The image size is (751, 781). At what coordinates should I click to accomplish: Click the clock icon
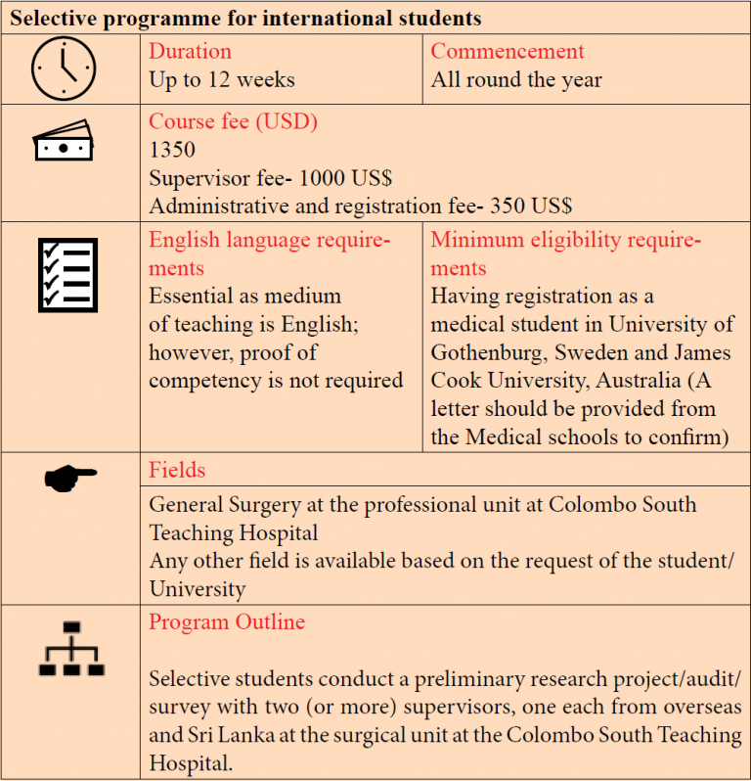(x=64, y=69)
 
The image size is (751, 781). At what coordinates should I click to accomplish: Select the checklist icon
(x=67, y=274)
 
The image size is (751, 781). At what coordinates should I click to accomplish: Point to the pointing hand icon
(x=70, y=478)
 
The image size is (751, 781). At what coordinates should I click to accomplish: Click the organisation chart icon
(x=70, y=648)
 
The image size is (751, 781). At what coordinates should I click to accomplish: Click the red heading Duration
(x=190, y=52)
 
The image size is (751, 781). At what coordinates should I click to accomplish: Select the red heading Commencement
(x=508, y=52)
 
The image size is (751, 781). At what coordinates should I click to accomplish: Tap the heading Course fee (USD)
(x=233, y=122)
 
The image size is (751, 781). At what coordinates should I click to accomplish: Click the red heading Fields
(x=177, y=470)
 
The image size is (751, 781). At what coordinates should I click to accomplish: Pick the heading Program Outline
(x=227, y=622)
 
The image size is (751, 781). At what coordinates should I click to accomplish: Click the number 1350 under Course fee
(x=172, y=151)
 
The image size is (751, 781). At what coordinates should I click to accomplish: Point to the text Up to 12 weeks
(x=221, y=80)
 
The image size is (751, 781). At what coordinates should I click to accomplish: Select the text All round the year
(x=516, y=80)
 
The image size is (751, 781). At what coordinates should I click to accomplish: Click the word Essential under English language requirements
(x=195, y=296)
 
